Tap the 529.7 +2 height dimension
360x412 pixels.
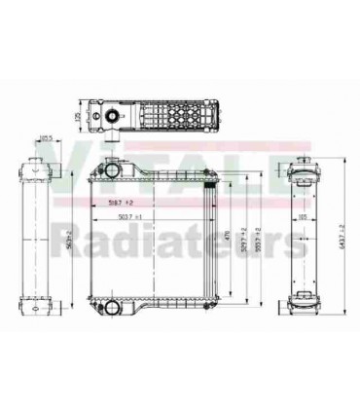click(242, 235)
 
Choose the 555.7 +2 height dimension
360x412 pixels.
click(257, 235)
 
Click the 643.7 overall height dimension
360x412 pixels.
click(337, 234)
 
